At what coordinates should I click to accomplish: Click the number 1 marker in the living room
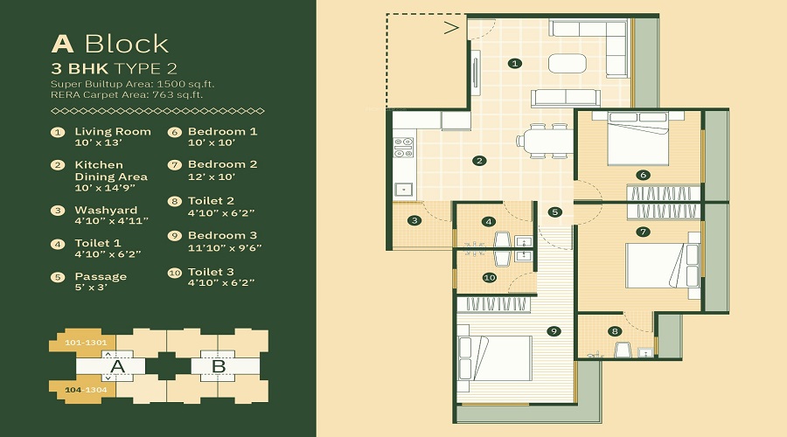[x=514, y=63]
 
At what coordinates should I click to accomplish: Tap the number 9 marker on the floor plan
[x=554, y=331]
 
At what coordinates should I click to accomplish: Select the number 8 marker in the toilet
[x=615, y=330]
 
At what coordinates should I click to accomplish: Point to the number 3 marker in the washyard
[x=414, y=220]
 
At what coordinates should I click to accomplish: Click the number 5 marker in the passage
[x=554, y=212]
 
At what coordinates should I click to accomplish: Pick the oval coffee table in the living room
[x=568, y=63]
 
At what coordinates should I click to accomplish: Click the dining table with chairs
[x=545, y=141]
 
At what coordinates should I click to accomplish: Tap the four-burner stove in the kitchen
[x=403, y=147]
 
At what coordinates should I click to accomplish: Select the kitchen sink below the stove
[x=403, y=189]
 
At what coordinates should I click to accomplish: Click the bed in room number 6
[x=638, y=138]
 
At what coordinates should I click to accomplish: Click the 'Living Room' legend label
[x=113, y=131]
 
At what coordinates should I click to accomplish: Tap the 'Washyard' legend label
[x=106, y=210]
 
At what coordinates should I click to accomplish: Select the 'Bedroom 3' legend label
[x=222, y=235]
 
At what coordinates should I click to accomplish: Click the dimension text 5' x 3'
[x=91, y=288]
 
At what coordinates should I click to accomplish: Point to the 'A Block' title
[x=110, y=44]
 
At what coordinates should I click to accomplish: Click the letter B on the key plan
[x=219, y=366]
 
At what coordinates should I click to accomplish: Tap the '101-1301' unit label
[x=86, y=343]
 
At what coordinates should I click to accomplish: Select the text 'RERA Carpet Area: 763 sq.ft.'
[x=127, y=94]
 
